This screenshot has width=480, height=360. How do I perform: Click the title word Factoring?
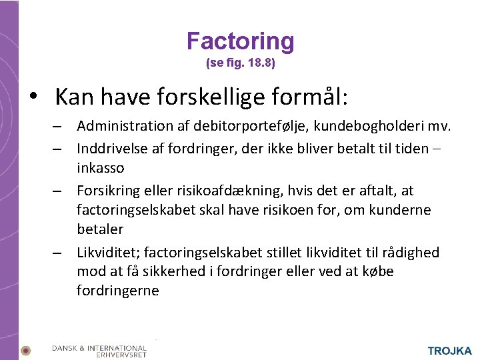(240, 41)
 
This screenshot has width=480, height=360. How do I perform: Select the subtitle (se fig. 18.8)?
(240, 65)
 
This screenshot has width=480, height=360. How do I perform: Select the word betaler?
(99, 229)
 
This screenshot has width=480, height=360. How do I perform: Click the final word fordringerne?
(117, 291)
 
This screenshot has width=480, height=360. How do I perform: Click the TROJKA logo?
(449, 351)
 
